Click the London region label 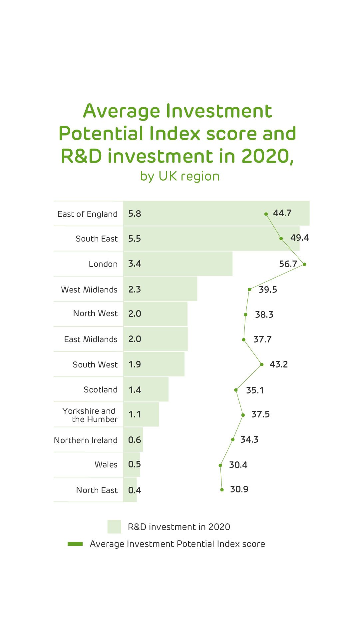[103, 264]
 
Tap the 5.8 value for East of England [135, 214]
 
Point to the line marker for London [304, 264]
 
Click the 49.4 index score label [299, 238]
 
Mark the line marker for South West [262, 364]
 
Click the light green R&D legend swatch [114, 527]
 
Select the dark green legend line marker [75, 544]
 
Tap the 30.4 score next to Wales [238, 465]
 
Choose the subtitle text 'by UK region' [180, 176]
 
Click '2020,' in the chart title [267, 156]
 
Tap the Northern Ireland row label [86, 440]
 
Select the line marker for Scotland [236, 390]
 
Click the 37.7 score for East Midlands [262, 339]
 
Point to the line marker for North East [222, 490]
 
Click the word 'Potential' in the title [101, 133]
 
